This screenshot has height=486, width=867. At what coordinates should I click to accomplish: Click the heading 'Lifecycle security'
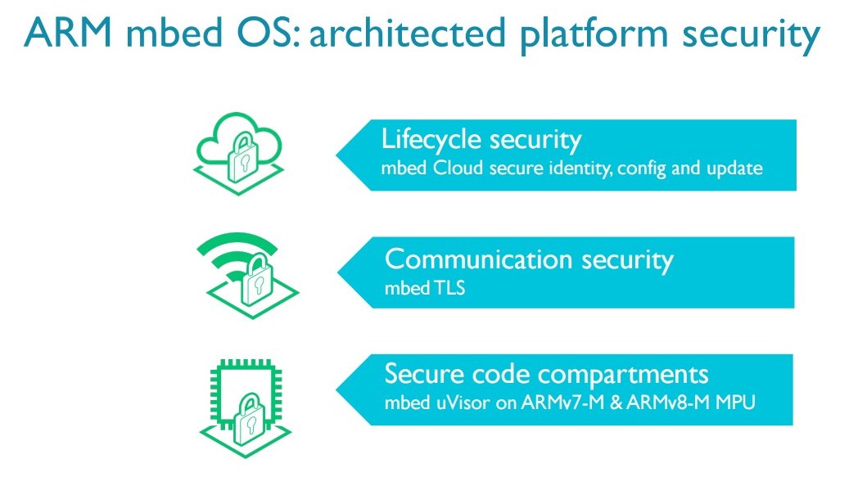[x=481, y=139]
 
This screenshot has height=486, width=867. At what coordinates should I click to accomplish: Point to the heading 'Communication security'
[x=529, y=259]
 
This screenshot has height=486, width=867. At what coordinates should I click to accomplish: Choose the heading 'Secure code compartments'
[x=546, y=375]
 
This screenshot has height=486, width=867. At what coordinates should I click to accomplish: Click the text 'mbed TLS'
[x=425, y=288]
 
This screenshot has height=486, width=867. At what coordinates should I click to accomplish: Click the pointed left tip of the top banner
[x=339, y=155]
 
